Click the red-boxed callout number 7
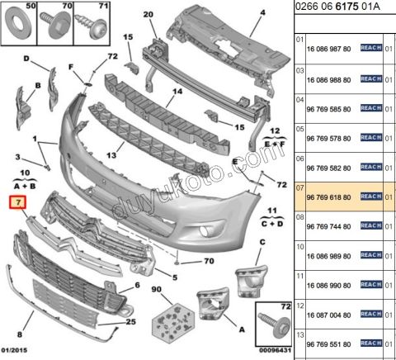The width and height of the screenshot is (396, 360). (x=18, y=202)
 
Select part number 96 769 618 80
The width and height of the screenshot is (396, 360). (x=328, y=197)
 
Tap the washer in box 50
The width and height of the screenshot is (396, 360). (x=18, y=23)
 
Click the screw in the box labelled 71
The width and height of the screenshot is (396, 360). (x=92, y=26)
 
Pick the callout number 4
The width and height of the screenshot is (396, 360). (x=263, y=12)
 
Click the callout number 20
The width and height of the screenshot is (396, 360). (x=148, y=14)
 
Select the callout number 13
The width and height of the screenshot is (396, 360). (x=111, y=155)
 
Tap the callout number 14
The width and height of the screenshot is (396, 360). (x=177, y=91)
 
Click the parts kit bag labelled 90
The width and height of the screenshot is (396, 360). (x=173, y=321)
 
